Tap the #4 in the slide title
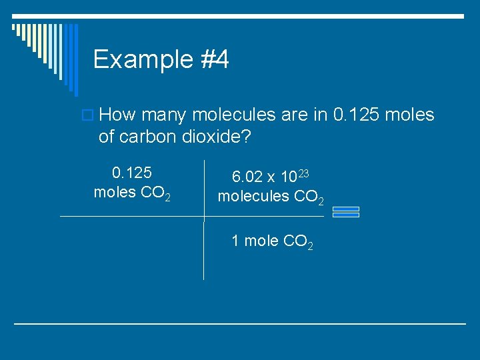tap(214, 60)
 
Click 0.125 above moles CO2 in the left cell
tap(132, 174)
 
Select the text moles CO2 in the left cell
tap(132, 194)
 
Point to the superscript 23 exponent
tap(303, 173)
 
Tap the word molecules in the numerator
tap(249, 197)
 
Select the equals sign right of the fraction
tap(345, 212)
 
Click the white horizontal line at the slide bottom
tap(240, 324)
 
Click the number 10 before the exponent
tap(289, 177)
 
